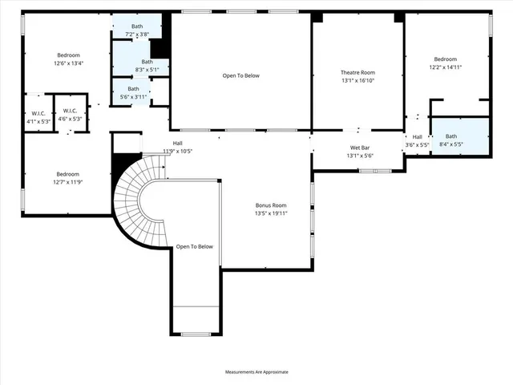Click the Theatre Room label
pyautogui.click(x=357, y=73)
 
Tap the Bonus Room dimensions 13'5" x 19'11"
pyautogui.click(x=271, y=213)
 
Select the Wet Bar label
pyautogui.click(x=359, y=148)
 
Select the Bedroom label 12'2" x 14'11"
pyautogui.click(x=445, y=63)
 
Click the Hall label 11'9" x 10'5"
pyautogui.click(x=177, y=148)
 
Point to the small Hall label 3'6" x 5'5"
pyautogui.click(x=418, y=141)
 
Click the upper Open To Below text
pyautogui.click(x=241, y=75)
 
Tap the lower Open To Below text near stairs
pyautogui.click(x=195, y=246)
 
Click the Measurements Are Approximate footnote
pyautogui.click(x=256, y=372)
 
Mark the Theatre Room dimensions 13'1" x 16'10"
pyautogui.click(x=357, y=80)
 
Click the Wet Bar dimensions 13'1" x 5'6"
pyautogui.click(x=359, y=156)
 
